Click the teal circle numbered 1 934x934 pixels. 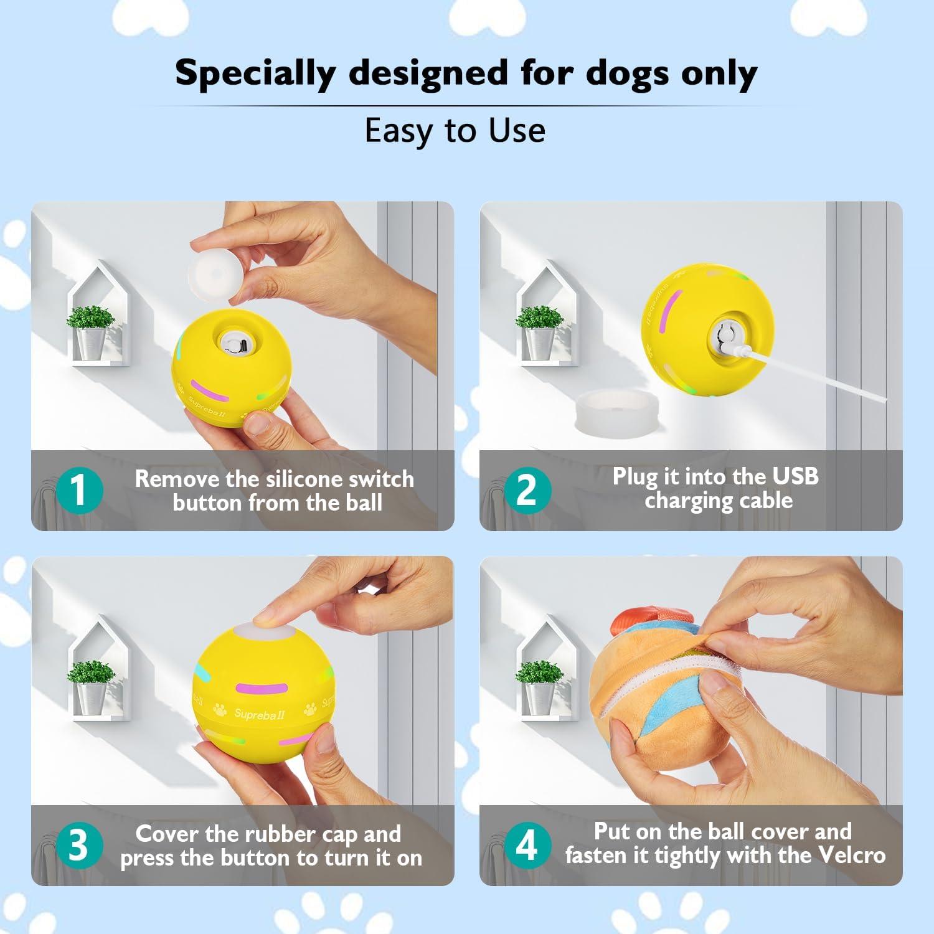coord(78,491)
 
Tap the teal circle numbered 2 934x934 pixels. coord(527,491)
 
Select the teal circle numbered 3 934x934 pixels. coord(78,846)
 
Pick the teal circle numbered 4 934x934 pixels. coord(527,846)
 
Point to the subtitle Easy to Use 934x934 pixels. coord(455,131)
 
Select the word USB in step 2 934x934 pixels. coord(795,476)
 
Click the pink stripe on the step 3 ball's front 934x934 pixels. coord(262,689)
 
